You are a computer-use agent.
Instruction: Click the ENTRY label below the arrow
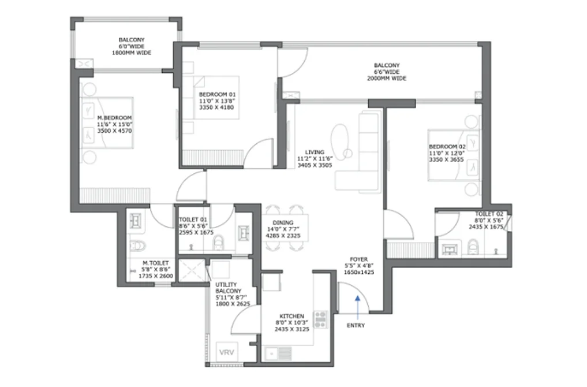(x=356, y=326)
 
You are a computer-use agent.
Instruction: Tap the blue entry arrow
(x=357, y=307)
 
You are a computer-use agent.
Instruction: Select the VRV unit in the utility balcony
(x=226, y=352)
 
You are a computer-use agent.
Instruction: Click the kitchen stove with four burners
(x=320, y=319)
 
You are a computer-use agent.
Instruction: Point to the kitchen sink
(x=278, y=353)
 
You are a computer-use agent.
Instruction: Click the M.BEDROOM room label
(x=114, y=118)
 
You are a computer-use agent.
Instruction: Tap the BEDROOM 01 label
(x=217, y=94)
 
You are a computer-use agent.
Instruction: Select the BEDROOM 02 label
(x=447, y=147)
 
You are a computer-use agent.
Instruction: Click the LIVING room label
(x=315, y=152)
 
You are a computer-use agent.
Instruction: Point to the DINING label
(x=283, y=222)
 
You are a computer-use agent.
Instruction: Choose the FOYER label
(x=358, y=259)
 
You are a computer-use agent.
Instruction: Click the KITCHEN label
(x=291, y=316)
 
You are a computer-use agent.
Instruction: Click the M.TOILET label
(x=155, y=263)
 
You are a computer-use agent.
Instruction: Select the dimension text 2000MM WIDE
(x=386, y=79)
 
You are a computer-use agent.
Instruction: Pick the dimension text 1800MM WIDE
(x=132, y=53)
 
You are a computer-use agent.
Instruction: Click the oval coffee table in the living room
(x=339, y=139)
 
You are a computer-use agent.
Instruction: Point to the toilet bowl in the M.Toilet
(x=137, y=246)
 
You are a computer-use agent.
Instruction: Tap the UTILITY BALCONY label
(x=229, y=288)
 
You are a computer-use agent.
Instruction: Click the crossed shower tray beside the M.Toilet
(x=192, y=270)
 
